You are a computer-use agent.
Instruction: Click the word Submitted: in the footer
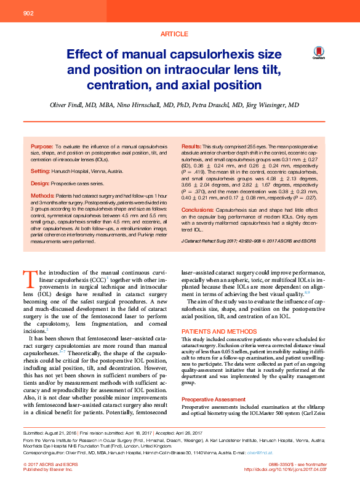pyautogui.click(x=34, y=433)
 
